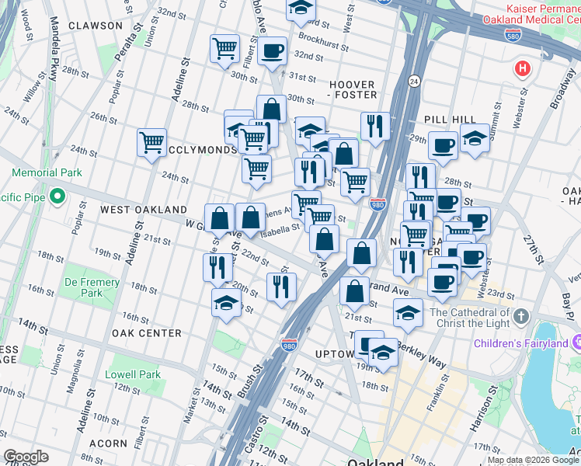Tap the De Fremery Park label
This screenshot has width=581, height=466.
92,287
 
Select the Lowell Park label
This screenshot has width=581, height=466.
134,374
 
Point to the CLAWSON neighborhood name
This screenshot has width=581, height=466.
95,26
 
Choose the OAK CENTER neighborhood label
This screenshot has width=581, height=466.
146,333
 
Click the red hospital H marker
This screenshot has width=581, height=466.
523,69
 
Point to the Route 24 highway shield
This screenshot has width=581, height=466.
413,80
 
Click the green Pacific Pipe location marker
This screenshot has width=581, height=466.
56,195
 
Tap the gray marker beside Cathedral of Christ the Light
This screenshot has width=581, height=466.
520,316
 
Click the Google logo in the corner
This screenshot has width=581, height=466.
26,457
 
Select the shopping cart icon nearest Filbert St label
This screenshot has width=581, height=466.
224,48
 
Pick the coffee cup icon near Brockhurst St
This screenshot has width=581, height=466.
272,51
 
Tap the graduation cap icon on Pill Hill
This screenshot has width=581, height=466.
474,140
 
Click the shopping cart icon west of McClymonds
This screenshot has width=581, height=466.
151,142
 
